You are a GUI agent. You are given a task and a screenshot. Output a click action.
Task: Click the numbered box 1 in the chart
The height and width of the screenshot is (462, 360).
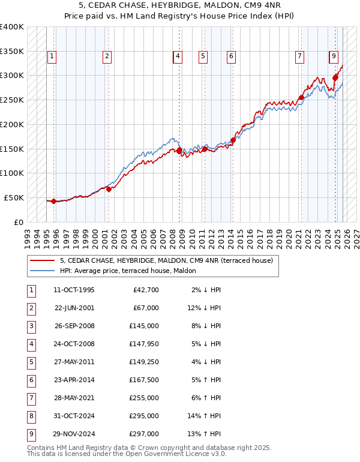click(52, 56)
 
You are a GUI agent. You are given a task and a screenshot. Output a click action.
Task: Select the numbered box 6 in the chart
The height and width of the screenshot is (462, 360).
click(230, 56)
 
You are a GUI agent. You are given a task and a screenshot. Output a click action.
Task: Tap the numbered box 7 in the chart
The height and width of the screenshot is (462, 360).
click(299, 56)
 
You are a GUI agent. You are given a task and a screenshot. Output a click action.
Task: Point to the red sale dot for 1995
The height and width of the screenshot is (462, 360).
click(54, 201)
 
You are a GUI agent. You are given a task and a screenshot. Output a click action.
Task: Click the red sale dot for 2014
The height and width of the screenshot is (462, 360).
click(233, 140)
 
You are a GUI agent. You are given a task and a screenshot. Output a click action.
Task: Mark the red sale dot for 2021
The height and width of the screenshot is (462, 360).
click(301, 98)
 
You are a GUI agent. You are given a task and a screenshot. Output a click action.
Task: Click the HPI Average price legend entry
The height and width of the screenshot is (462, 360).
click(127, 271)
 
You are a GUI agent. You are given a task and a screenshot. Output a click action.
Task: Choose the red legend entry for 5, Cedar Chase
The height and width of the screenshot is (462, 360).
click(166, 260)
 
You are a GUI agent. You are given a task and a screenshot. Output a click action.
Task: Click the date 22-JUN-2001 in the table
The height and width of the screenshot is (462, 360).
click(74, 308)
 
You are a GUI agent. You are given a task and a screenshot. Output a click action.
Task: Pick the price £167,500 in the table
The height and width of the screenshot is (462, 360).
click(144, 380)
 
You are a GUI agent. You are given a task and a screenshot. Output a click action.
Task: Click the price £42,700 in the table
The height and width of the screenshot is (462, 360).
click(145, 290)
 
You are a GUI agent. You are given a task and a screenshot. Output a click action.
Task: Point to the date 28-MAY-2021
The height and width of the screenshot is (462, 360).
click(74, 398)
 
